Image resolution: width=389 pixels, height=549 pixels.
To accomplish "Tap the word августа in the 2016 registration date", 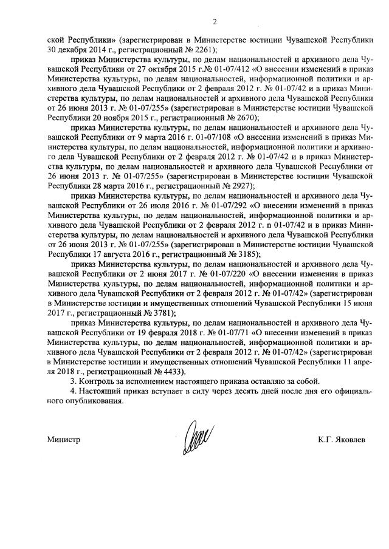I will coord(111,253).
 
